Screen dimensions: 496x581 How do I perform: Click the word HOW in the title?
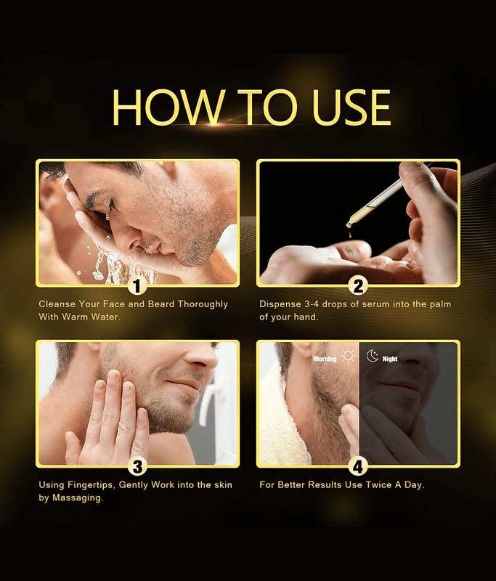pyautogui.click(x=168, y=107)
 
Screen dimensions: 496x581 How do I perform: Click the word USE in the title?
pyautogui.click(x=351, y=107)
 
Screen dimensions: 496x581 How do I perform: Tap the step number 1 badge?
pyautogui.click(x=137, y=286)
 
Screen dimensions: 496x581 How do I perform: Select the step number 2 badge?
pyautogui.click(x=358, y=286)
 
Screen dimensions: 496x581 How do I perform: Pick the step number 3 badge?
pyautogui.click(x=137, y=467)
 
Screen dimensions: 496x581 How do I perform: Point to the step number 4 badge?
pyautogui.click(x=358, y=467)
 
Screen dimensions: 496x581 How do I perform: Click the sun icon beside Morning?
pyautogui.click(x=348, y=356)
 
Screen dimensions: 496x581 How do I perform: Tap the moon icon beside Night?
pyautogui.click(x=373, y=356)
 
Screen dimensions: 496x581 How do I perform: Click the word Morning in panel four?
pyautogui.click(x=325, y=359)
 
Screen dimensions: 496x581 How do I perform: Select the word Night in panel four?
pyautogui.click(x=390, y=359)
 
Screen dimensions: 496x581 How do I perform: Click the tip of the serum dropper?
pyautogui.click(x=349, y=225)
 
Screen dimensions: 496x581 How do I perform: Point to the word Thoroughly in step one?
pyautogui.click(x=203, y=304)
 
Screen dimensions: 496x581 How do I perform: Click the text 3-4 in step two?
pyautogui.click(x=312, y=304)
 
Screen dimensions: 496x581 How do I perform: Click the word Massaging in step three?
pyautogui.click(x=78, y=498)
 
